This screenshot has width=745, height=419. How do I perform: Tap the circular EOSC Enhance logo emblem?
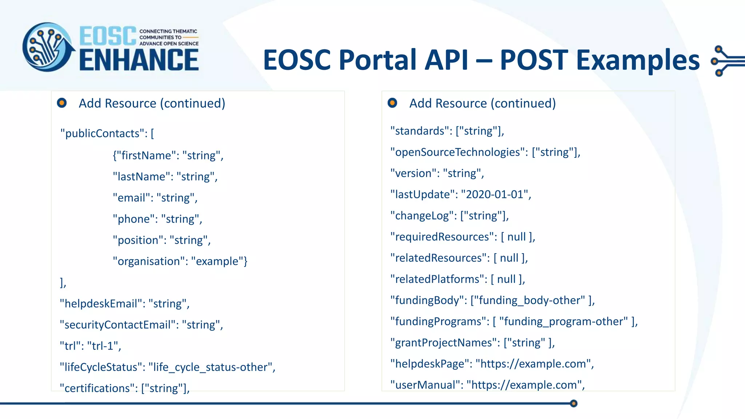(x=48, y=47)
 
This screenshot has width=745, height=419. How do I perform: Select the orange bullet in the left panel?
(x=62, y=103)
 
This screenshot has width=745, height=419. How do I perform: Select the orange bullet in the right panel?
(x=392, y=103)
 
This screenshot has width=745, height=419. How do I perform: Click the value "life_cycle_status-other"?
(x=211, y=367)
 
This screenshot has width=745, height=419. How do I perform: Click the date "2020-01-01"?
(x=494, y=194)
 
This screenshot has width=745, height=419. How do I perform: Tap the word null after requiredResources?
(x=517, y=237)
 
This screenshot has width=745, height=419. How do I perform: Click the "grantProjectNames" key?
(x=444, y=343)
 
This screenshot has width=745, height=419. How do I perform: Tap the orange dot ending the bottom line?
(x=574, y=403)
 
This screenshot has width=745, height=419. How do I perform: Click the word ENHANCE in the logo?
(x=139, y=60)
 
